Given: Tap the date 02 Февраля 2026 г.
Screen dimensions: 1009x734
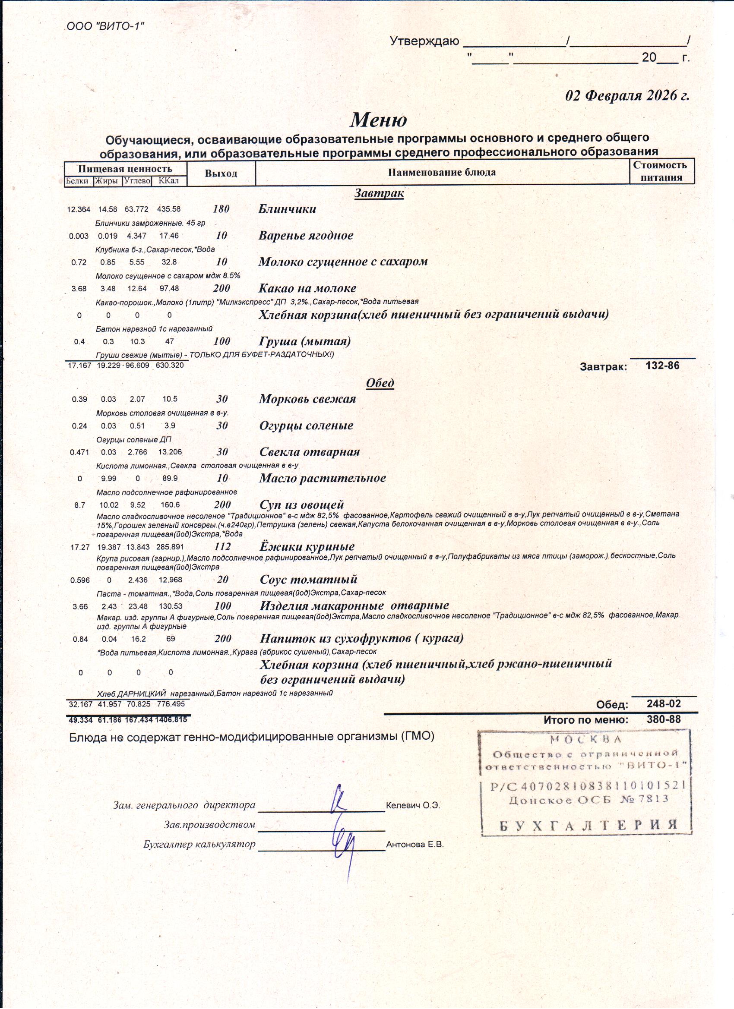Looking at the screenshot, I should [627, 96].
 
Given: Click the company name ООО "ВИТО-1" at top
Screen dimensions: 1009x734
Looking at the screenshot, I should [105, 26].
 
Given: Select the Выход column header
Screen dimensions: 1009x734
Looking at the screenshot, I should [221, 173].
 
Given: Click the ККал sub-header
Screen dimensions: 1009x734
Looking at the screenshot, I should [168, 181].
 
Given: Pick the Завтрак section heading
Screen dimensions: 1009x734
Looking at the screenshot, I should [379, 193].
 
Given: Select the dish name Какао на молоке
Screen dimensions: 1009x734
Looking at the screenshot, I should [307, 288].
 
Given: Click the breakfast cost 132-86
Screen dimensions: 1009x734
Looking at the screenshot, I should [662, 366].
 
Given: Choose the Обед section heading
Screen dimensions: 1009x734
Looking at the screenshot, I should [380, 383].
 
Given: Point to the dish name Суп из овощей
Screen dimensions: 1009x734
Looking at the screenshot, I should [301, 505].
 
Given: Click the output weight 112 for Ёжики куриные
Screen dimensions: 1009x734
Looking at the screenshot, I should [222, 547].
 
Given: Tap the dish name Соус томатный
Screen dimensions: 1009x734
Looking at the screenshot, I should [308, 580].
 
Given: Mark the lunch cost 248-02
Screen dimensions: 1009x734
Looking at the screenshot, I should [663, 704].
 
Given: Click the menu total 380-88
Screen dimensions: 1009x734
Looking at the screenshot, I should [663, 719].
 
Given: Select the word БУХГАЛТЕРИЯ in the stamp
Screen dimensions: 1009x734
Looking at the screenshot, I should [588, 826].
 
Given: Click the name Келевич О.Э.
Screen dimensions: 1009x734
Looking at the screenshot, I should [413, 806].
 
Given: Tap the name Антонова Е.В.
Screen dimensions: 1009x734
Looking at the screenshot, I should [415, 845].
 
